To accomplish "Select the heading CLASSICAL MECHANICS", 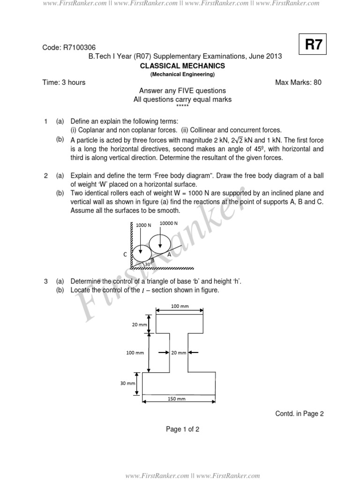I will click(183, 66).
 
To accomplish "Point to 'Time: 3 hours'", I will click(64, 82).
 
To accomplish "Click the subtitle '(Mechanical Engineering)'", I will click(182, 75).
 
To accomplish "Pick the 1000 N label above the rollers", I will click(143, 225).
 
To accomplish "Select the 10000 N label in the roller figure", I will click(168, 223).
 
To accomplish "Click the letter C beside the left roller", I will click(125, 254).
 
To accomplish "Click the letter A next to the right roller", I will click(169, 253).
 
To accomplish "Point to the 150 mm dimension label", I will click(179, 398).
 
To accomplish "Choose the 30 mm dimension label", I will click(127, 383).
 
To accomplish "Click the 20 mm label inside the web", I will click(179, 352).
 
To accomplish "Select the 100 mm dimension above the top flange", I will click(179, 306).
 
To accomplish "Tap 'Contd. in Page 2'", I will click(299, 413).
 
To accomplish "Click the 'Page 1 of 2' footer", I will click(183, 429).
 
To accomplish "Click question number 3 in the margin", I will click(46, 281).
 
